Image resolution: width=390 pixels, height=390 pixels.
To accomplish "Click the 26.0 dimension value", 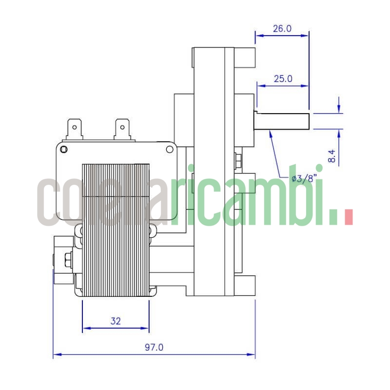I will click(282, 28).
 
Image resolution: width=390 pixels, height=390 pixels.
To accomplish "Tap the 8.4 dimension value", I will click(332, 156).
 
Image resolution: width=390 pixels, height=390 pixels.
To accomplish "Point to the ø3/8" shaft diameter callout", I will click(302, 178).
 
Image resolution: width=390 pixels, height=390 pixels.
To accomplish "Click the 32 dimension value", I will click(116, 321).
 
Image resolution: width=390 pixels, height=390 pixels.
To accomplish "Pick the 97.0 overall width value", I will click(154, 348).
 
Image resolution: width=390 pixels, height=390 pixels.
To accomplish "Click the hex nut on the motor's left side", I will click(67, 259).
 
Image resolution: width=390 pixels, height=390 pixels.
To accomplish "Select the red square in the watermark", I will click(348, 216).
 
